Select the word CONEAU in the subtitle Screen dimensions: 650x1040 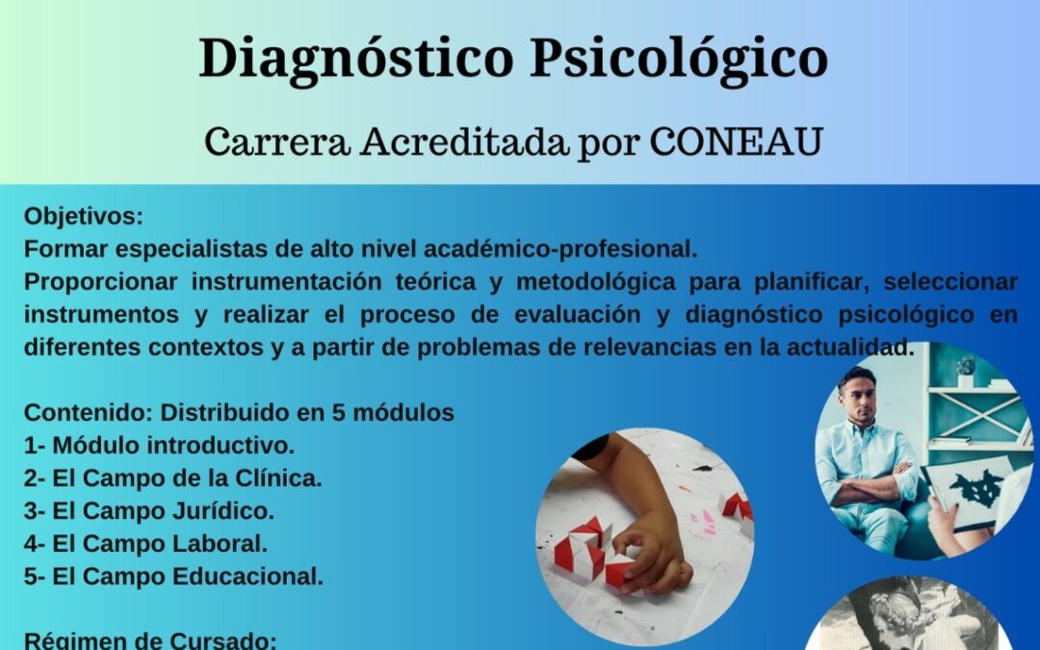click(x=737, y=143)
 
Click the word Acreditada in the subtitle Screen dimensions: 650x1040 click(x=466, y=143)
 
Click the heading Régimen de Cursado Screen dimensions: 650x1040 click(x=149, y=639)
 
